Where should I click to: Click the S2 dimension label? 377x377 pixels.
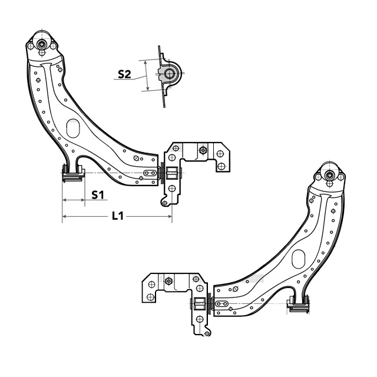coord(124,74)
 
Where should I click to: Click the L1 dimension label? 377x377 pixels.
coord(118,216)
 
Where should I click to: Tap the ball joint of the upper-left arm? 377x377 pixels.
coord(42,44)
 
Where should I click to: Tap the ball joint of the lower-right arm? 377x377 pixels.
coord(329,174)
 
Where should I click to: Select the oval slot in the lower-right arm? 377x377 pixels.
coord(298,258)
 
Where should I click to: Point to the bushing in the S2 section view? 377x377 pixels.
coord(170,74)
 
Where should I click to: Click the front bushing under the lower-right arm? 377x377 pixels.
coord(298,303)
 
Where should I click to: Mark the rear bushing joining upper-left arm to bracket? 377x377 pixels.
coord(163,174)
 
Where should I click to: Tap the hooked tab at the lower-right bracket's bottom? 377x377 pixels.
coord(206,333)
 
